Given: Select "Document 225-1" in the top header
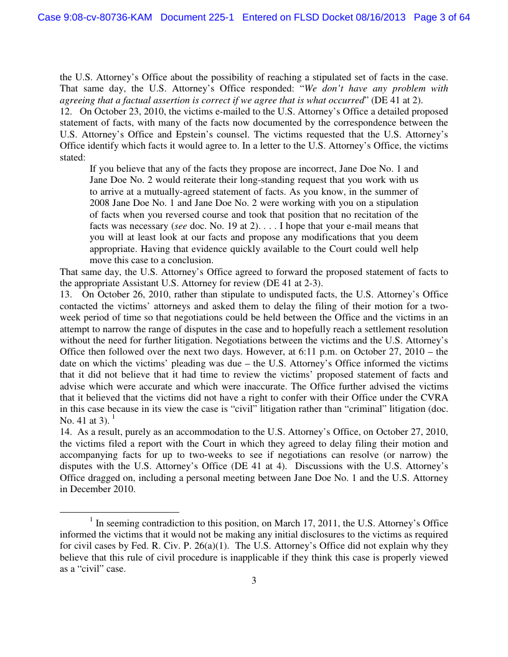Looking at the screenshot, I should click(x=197, y=17).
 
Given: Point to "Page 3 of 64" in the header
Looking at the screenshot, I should click(x=441, y=17).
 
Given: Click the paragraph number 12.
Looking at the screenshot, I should click(x=65, y=111).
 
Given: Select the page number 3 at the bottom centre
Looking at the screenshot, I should click(x=253, y=581).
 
